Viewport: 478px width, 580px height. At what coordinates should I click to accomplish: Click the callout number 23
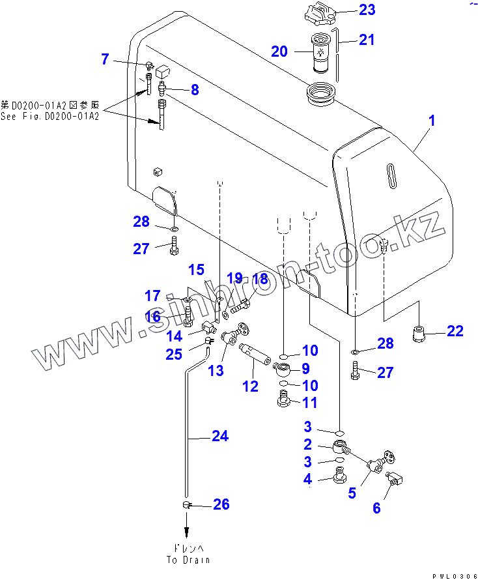click(367, 10)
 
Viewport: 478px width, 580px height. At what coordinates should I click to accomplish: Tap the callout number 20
click(279, 51)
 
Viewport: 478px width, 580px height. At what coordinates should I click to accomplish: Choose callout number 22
click(455, 331)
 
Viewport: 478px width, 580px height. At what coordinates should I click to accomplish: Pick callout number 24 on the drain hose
click(220, 436)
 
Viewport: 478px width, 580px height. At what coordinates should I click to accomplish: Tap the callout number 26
click(221, 504)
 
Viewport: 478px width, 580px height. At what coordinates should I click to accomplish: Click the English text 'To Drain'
click(188, 560)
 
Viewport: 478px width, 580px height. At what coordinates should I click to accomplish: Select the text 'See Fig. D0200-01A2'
click(49, 116)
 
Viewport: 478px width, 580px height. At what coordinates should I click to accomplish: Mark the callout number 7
click(105, 59)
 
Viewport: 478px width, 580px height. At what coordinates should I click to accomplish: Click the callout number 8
click(194, 91)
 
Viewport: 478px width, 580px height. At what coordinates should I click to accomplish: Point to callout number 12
click(250, 386)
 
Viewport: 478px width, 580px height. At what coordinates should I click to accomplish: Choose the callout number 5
click(352, 493)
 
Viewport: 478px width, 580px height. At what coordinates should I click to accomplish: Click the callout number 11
click(309, 403)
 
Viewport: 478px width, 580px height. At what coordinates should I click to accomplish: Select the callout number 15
click(197, 270)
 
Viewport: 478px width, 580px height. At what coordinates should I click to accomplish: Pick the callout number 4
click(308, 480)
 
